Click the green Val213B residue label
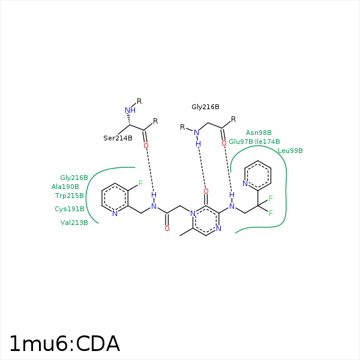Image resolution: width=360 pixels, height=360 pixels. click(74, 223)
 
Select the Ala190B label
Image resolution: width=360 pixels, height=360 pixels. click(65, 187)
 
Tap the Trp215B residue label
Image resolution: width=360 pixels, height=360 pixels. click(70, 196)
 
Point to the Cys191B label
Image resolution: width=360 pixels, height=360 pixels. click(70, 209)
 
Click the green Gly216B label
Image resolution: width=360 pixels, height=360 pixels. click(74, 178)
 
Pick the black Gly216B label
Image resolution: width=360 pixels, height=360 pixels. click(205, 107)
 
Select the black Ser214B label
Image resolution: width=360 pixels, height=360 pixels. click(118, 138)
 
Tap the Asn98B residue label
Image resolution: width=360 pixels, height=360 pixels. click(259, 133)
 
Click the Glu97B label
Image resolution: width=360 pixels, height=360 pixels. click(241, 142)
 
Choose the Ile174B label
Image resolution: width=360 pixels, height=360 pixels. click(268, 142)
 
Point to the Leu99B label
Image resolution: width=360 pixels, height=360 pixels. click(290, 151)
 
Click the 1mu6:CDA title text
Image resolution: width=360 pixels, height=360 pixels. click(65, 344)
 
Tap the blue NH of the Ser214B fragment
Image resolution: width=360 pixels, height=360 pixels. click(130, 110)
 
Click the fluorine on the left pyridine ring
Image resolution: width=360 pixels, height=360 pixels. click(140, 184)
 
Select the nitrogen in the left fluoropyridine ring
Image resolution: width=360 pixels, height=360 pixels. click(115, 214)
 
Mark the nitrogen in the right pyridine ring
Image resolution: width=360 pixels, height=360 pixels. click(245, 184)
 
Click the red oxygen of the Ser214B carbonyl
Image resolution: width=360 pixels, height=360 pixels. click(146, 146)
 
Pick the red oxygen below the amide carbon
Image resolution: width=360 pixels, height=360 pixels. click(167, 229)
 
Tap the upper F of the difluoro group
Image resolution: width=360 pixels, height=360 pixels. click(271, 199)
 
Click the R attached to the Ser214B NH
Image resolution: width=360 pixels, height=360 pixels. click(139, 101)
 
